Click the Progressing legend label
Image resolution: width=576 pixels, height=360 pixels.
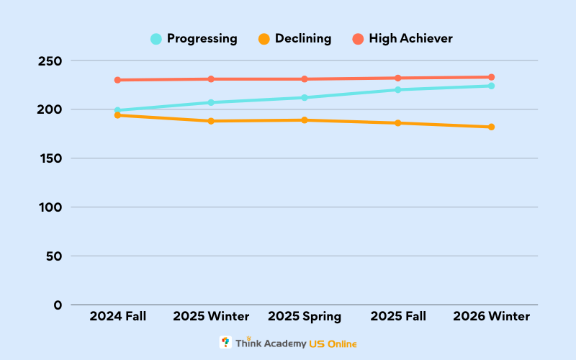click(x=202, y=39)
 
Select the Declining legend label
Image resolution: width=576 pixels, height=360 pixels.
click(x=302, y=39)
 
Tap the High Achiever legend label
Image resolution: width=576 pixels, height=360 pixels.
click(x=410, y=39)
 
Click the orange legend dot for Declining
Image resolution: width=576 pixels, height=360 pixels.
click(x=264, y=39)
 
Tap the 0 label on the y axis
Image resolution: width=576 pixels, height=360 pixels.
click(x=58, y=305)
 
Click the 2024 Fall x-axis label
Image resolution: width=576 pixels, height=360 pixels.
click(x=117, y=317)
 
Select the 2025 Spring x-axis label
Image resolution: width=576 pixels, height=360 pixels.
click(x=305, y=317)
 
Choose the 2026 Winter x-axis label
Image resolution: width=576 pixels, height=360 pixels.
click(x=491, y=317)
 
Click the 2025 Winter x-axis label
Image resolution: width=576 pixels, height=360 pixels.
click(x=211, y=317)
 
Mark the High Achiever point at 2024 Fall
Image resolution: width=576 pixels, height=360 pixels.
click(x=117, y=80)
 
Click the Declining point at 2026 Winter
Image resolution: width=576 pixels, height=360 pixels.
click(x=491, y=127)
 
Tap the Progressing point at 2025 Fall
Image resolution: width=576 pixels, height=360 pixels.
click(x=397, y=90)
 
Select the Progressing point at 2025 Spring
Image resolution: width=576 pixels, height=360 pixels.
click(x=305, y=97)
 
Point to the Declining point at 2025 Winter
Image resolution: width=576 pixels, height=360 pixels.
click(x=211, y=121)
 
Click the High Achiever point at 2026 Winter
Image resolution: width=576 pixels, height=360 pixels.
click(x=491, y=77)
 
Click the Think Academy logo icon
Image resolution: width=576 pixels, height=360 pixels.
click(x=225, y=343)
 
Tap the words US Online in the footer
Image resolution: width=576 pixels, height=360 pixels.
click(x=333, y=344)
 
